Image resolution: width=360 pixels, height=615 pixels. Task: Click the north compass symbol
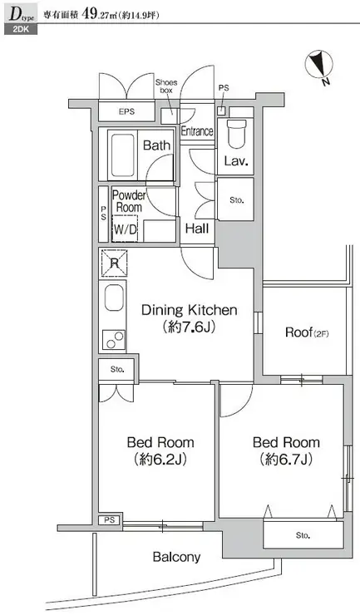point(318,66)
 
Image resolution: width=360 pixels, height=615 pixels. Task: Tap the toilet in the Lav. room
point(236,133)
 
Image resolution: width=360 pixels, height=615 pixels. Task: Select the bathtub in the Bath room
point(123,155)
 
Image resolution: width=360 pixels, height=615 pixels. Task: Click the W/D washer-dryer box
point(126,229)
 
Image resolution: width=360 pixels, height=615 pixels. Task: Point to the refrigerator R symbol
point(114,263)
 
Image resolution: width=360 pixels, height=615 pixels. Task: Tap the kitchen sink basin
point(114,298)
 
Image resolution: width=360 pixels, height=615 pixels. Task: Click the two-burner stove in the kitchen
point(114,340)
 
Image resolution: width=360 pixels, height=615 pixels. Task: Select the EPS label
point(127,111)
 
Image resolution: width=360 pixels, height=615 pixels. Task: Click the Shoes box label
point(166,86)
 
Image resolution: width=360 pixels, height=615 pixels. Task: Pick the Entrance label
point(197,131)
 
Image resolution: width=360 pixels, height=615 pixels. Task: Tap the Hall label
point(197,229)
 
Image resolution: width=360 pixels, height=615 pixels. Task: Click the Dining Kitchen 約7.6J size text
point(190,327)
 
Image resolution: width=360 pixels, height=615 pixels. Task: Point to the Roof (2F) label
point(307,332)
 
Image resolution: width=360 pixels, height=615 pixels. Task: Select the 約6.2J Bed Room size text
point(160,460)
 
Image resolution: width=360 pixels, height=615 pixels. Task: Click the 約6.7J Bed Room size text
point(286,460)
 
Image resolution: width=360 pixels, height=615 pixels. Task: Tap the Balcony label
point(176,557)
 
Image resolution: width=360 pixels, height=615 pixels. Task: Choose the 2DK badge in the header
point(21,29)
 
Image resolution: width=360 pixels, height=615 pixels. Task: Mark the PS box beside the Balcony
point(110,520)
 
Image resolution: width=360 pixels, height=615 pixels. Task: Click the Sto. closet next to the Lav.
point(235,199)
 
